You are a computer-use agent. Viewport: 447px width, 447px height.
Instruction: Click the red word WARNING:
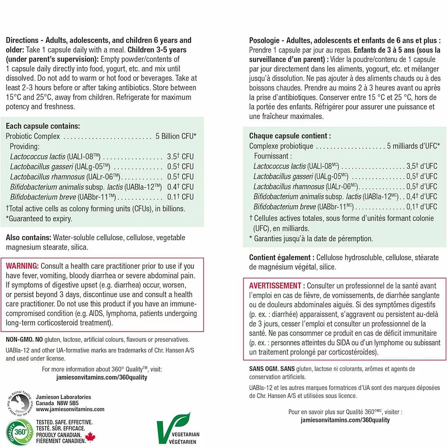click(x=22, y=266)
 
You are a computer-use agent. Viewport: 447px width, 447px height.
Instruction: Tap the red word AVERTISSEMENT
click(x=275, y=285)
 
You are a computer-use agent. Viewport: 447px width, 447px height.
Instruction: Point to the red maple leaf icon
click(x=90, y=437)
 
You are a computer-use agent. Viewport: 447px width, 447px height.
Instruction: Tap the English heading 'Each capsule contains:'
click(x=43, y=126)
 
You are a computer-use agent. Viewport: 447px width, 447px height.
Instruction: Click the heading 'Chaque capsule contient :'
click(x=290, y=136)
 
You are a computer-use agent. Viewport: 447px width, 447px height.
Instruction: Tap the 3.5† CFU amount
click(x=180, y=156)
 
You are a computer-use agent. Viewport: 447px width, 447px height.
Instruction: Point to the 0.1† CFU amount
click(x=180, y=197)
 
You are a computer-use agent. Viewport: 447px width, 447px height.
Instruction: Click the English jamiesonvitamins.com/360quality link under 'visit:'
click(x=102, y=377)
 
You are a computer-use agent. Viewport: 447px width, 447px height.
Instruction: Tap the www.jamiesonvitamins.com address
click(x=70, y=409)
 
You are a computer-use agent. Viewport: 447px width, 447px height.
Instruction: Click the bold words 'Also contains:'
click(x=28, y=237)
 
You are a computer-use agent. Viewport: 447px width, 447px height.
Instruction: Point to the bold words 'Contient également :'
click(x=282, y=258)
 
